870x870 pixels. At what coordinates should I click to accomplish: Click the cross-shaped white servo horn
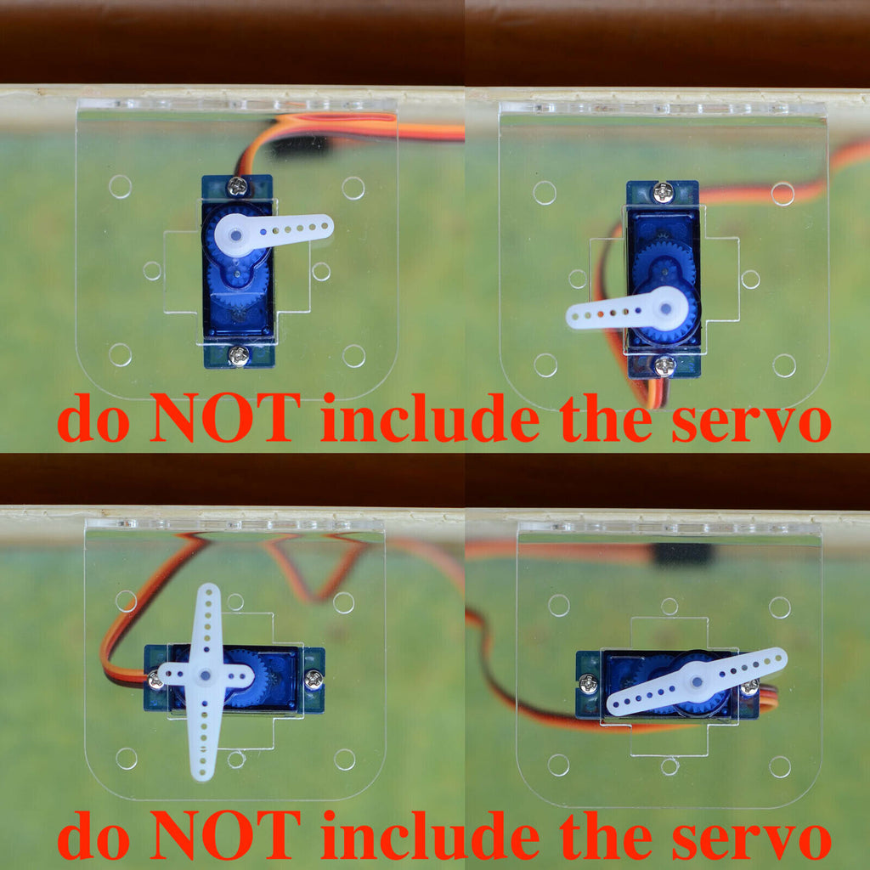coord(206,675)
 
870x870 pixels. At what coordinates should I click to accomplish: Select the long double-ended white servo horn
coord(697,681)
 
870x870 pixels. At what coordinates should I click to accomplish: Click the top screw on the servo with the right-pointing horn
coord(238,186)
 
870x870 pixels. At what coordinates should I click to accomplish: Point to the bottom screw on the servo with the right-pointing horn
coord(239,356)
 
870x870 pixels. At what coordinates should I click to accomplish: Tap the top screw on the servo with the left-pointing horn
coord(663,192)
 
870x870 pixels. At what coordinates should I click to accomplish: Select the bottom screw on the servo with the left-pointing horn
coord(664,364)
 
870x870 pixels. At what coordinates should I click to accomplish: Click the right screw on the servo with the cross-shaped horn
coord(314,678)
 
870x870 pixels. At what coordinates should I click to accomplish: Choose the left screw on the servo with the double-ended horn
coord(589,684)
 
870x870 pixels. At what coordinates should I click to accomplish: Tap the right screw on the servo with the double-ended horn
coord(749,687)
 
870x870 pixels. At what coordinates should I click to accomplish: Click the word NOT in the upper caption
coord(224,416)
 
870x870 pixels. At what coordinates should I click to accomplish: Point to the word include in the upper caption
coord(431,416)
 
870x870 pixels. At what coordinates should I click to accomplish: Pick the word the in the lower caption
coord(606,835)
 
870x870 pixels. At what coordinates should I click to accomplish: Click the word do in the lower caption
coord(93,835)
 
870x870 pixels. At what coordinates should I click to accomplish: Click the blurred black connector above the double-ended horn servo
coord(682,554)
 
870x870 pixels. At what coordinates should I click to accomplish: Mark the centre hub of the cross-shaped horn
coord(206,675)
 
